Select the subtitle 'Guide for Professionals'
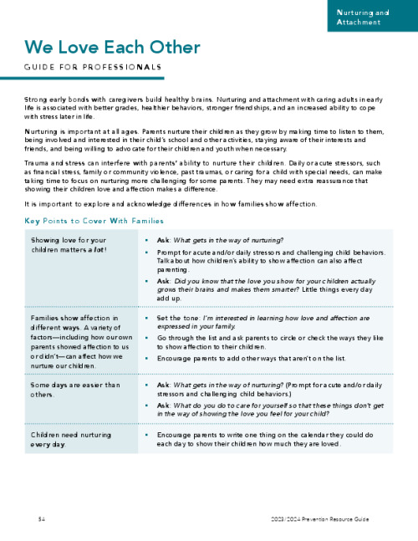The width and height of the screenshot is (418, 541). pyautogui.click(x=93, y=67)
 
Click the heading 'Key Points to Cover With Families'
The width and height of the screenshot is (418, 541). pyautogui.click(x=105, y=221)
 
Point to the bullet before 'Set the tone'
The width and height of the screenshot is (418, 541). pyautogui.click(x=147, y=319)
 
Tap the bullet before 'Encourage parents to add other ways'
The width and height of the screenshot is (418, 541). pyautogui.click(x=147, y=357)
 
